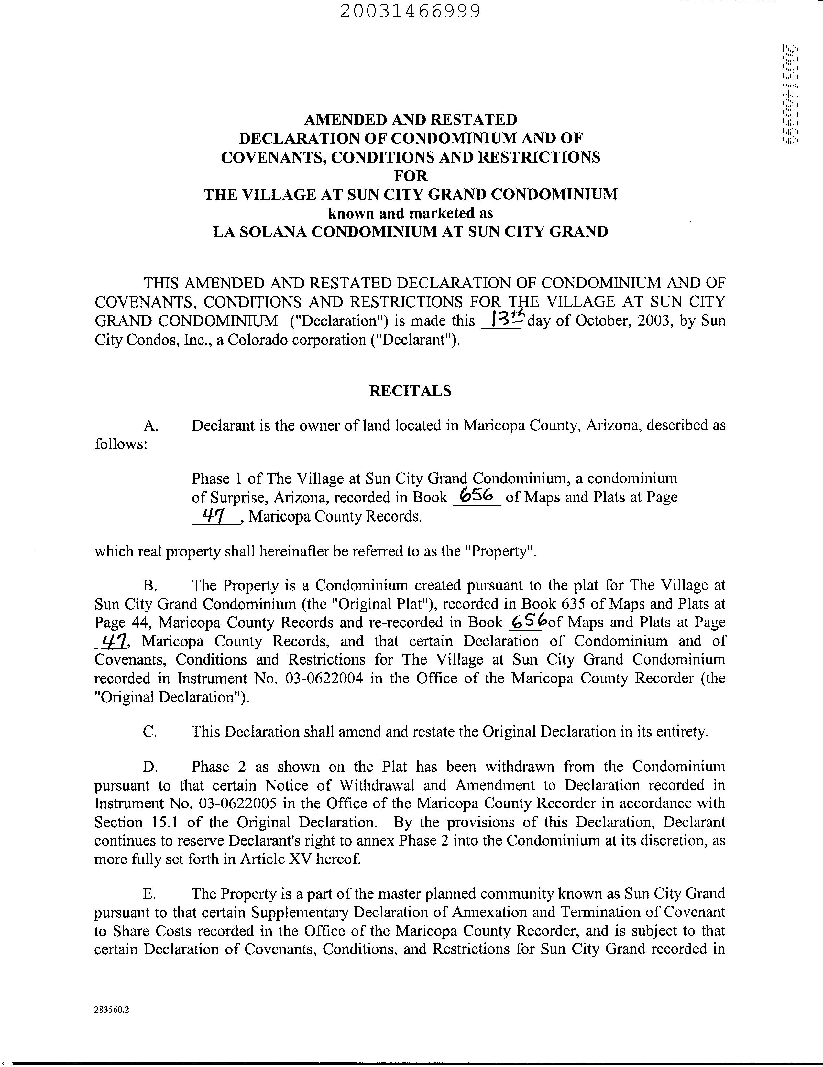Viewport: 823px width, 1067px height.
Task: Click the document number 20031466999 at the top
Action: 411,11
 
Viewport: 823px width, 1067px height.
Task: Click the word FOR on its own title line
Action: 411,175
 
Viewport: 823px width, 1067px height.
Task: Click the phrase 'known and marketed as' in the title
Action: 411,213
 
